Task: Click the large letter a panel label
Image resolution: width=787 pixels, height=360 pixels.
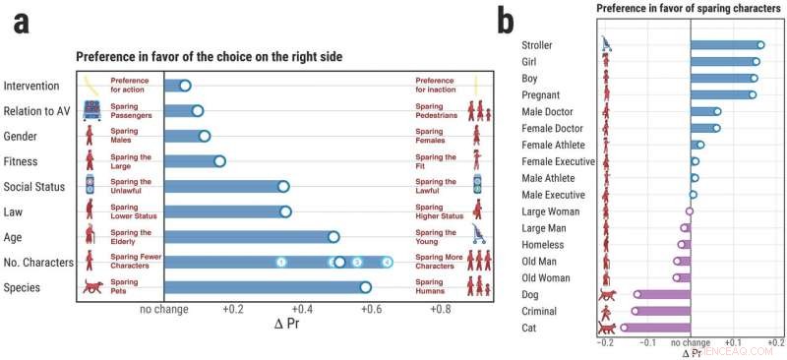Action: [x=20, y=24]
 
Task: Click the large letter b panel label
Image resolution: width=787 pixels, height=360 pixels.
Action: [x=506, y=21]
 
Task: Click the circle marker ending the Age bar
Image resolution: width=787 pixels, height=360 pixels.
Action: [x=333, y=236]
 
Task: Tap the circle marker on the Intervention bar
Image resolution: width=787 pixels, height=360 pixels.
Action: [x=185, y=86]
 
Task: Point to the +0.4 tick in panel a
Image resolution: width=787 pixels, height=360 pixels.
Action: [x=302, y=308]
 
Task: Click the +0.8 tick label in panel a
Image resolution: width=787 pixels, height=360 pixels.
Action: [x=440, y=308]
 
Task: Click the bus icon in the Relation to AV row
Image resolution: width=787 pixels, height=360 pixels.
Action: [x=92, y=111]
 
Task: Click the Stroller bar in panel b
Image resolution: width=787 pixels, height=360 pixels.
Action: [x=726, y=45]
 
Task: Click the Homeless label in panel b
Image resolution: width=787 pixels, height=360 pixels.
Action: [x=544, y=245]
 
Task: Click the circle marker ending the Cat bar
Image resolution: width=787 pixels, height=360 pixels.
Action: [x=624, y=328]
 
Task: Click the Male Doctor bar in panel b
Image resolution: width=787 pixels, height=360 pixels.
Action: [x=704, y=111]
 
